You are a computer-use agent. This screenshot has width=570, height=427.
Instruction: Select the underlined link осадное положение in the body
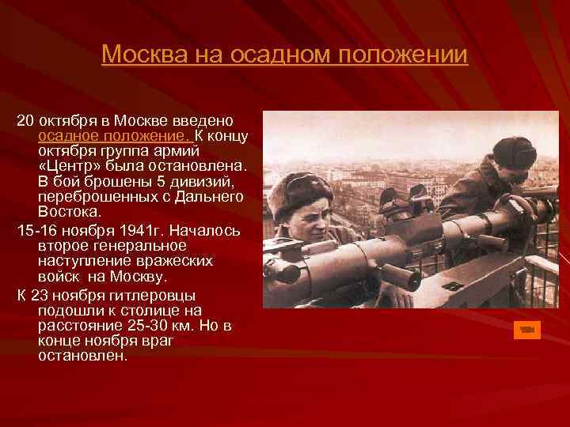click(115, 136)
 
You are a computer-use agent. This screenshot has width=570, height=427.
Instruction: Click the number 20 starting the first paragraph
click(25, 121)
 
